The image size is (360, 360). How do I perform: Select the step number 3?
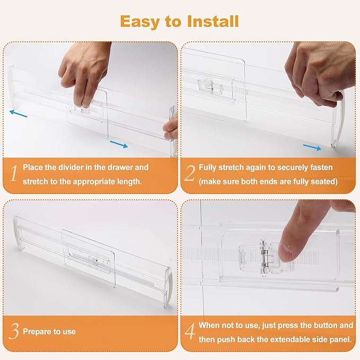coord(14,332)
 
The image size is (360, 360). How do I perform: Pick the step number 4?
coord(189,332)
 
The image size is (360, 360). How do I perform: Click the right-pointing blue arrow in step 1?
coord(119,144)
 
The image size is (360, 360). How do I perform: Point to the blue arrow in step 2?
coord(312,147)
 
